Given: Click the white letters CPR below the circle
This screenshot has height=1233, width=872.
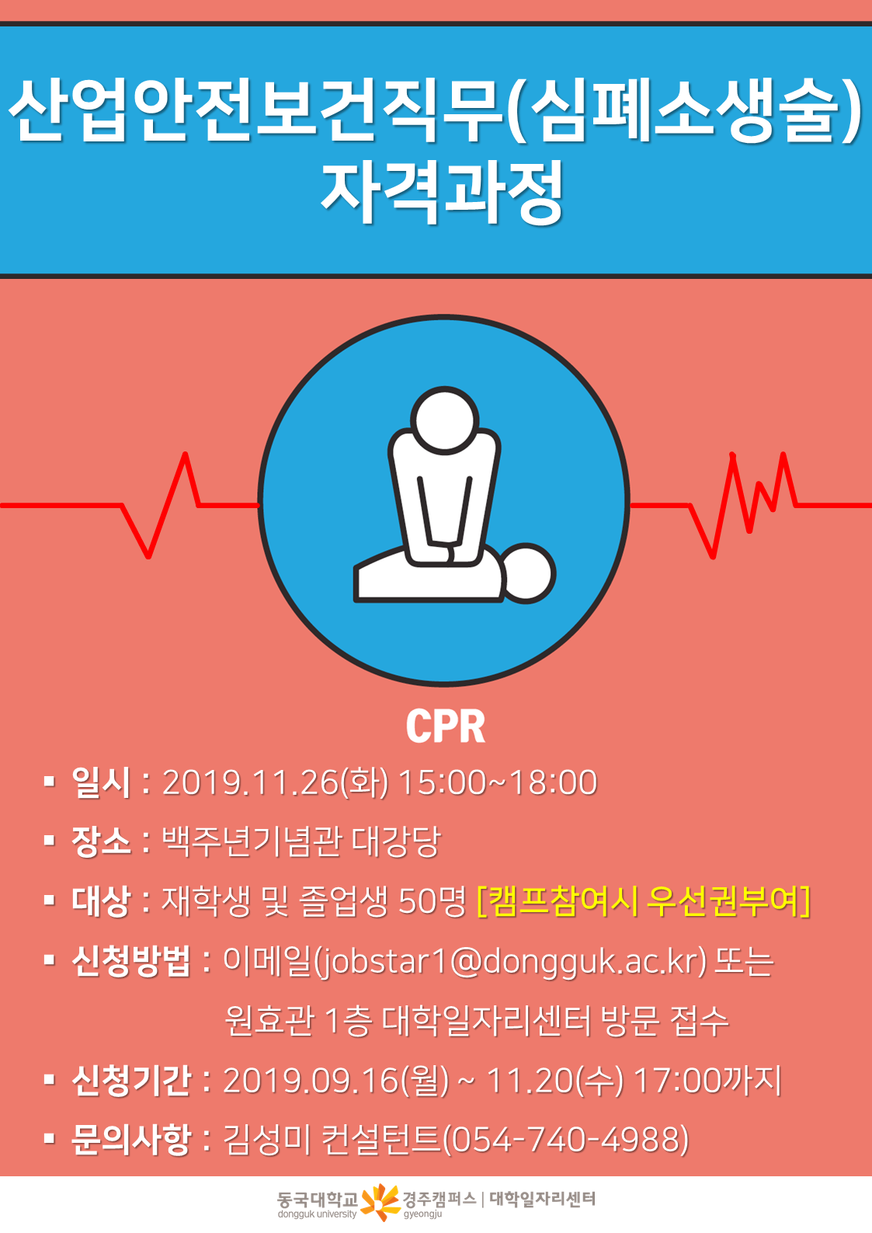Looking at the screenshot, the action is click(446, 726).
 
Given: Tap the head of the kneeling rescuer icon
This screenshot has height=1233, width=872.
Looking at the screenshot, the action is click(444, 420).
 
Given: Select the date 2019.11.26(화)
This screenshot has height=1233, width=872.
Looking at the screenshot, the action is click(275, 782).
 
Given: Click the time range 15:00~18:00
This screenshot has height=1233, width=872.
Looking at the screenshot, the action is click(498, 782).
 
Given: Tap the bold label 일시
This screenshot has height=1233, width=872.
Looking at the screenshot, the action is click(101, 782).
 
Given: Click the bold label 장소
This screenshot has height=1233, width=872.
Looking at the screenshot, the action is click(101, 841).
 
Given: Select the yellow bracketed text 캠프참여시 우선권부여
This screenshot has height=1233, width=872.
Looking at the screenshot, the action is click(644, 901).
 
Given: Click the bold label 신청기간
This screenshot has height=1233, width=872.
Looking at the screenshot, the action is click(131, 1081).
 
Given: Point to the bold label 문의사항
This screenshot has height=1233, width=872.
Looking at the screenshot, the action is click(131, 1140).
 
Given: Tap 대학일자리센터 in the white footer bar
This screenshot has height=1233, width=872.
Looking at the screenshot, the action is click(543, 1198).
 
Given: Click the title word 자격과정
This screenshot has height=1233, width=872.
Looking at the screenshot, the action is click(443, 192).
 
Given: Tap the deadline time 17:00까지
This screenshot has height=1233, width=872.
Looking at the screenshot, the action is click(707, 1081).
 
